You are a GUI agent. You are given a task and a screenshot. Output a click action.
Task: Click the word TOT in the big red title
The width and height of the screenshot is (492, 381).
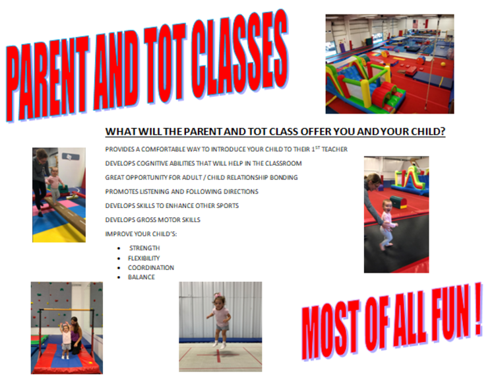[162, 65]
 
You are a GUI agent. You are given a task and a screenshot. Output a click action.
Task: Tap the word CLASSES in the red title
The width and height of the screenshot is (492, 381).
[239, 53]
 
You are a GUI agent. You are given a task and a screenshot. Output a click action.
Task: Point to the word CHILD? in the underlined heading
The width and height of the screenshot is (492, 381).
[428, 131]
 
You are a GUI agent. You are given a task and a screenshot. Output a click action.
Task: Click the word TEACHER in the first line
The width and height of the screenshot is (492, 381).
[334, 149]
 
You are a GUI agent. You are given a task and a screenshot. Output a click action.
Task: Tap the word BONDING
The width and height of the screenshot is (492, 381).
[284, 178]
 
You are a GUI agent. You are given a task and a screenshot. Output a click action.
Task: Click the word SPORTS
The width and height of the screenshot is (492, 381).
[228, 206]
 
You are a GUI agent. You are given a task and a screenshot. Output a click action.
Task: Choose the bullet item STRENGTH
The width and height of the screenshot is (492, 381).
[144, 248]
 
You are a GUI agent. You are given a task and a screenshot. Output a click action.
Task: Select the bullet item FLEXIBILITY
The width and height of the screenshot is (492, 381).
[144, 258]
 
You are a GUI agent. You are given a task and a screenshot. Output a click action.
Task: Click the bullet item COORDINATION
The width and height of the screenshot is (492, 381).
[151, 267]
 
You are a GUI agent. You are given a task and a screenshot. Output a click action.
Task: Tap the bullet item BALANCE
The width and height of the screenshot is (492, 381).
[142, 277]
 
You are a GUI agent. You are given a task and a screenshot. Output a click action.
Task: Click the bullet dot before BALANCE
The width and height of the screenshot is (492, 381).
[119, 277]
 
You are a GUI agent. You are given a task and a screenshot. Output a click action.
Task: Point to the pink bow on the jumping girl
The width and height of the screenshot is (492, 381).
[217, 295]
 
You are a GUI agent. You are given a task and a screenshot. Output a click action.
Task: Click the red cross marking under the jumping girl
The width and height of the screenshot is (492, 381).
[218, 355]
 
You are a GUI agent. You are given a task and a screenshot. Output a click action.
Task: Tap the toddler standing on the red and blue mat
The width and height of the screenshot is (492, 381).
[65, 341]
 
